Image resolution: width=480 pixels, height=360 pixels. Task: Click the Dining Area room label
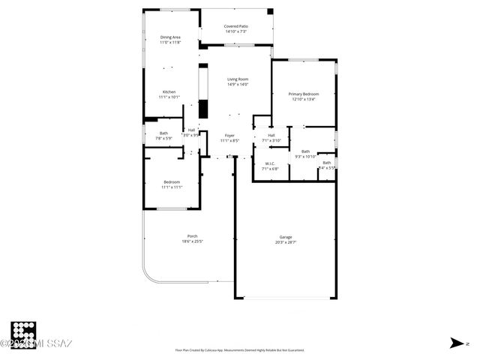pos(170,37)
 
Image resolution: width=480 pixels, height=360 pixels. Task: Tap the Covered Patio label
pos(236,26)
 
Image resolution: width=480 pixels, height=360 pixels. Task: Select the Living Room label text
pos(238,79)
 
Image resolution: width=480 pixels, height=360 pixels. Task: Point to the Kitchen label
pos(169,92)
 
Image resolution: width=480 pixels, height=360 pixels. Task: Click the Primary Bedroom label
pos(304,94)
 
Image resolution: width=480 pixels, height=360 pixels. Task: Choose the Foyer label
pos(229,135)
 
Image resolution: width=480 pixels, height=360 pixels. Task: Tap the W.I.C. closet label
pos(270,163)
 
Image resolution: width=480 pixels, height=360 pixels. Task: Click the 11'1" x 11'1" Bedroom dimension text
pos(172,187)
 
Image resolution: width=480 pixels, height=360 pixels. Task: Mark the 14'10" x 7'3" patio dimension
pos(236,31)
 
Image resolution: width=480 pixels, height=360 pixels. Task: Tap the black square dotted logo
pos(24,334)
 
